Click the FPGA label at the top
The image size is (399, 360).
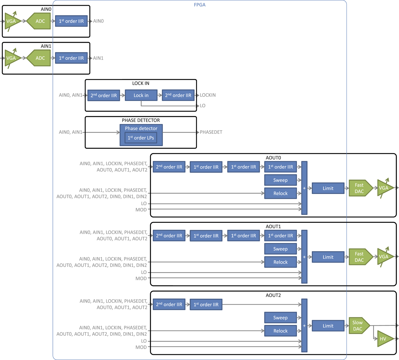[199, 5]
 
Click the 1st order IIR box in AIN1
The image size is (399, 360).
[71, 58]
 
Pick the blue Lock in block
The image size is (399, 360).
[141, 95]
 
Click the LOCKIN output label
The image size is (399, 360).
[208, 95]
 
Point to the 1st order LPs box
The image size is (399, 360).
[141, 138]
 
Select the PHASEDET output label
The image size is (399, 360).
[211, 132]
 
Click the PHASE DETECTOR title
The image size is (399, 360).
[141, 120]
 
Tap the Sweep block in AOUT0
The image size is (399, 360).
[280, 180]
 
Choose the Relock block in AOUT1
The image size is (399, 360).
[280, 262]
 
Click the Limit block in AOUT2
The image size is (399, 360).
[328, 326]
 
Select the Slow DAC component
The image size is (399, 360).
[358, 326]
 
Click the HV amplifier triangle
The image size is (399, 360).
[384, 339]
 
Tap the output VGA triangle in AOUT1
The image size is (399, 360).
[384, 257]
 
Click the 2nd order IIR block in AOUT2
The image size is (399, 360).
[169, 305]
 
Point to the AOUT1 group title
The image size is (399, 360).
[273, 226]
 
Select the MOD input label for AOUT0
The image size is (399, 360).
[141, 210]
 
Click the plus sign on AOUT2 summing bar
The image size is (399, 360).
[304, 326]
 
